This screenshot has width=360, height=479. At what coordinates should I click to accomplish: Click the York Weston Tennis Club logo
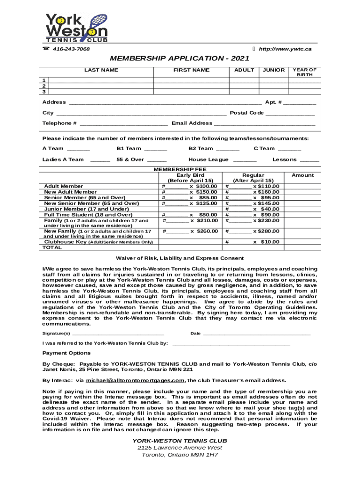(76, 28)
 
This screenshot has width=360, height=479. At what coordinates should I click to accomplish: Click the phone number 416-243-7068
(71, 49)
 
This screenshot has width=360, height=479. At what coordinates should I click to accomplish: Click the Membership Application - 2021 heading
(180, 58)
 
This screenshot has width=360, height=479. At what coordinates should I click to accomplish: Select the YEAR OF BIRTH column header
(304, 72)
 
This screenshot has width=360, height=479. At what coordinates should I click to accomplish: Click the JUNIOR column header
(274, 70)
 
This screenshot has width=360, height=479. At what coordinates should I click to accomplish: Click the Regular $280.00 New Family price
(266, 231)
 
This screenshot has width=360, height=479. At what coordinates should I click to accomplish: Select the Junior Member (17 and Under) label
(86, 209)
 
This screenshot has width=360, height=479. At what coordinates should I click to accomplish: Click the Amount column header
(302, 175)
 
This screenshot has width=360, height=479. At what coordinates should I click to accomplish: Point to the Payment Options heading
(66, 353)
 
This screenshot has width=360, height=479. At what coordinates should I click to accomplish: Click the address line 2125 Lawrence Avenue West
(180, 448)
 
